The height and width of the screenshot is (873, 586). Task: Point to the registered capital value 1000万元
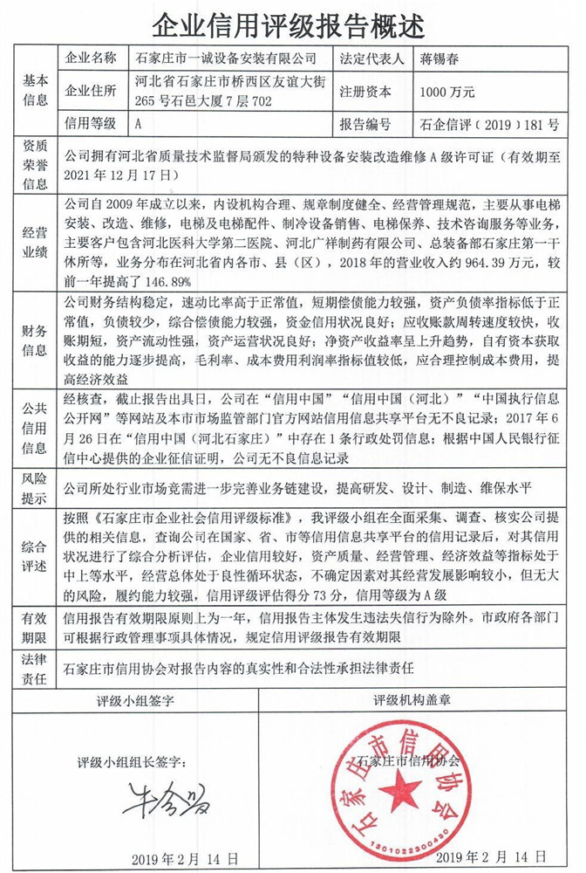[446, 92]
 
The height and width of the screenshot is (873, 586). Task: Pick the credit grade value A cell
[139, 124]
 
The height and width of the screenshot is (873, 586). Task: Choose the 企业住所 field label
[91, 92]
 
